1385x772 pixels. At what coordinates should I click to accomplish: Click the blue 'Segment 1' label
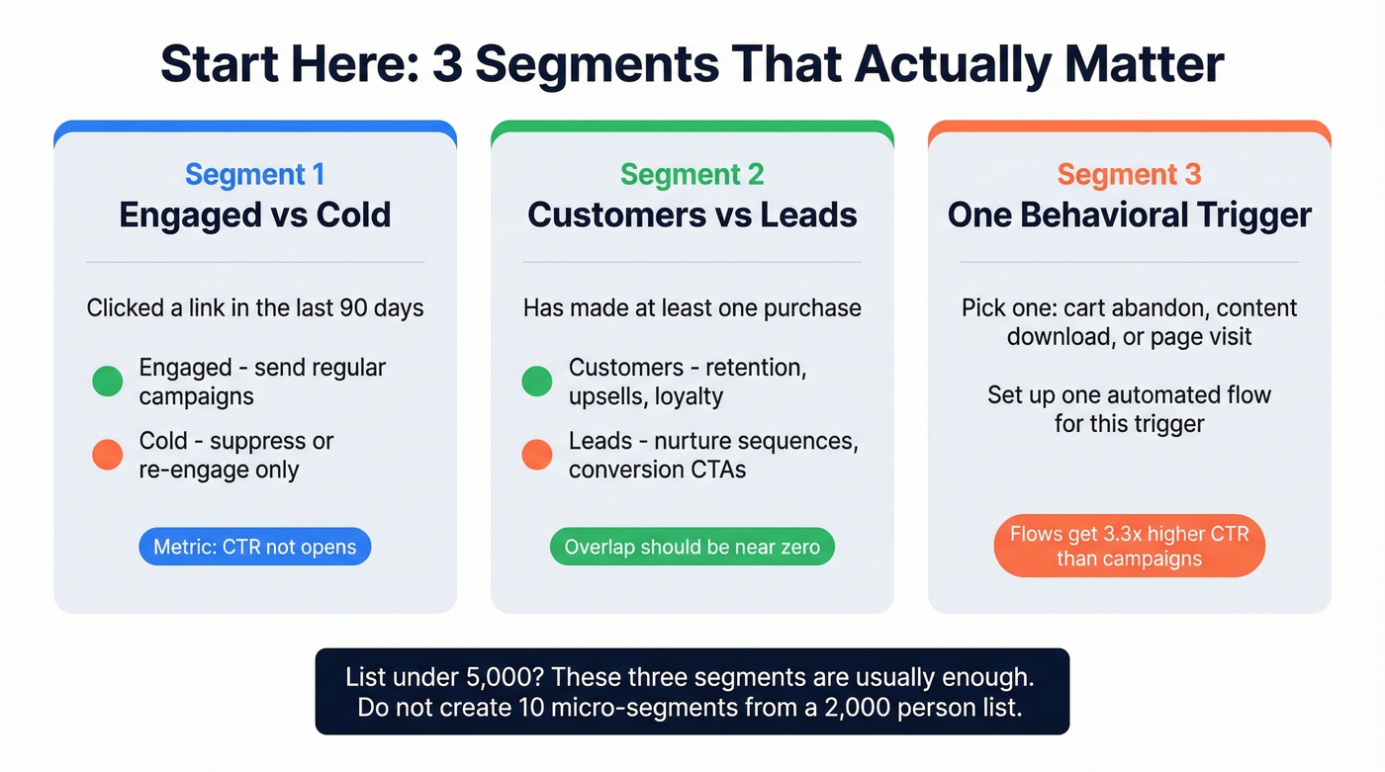tap(254, 175)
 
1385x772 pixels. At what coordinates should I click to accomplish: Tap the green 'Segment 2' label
tap(692, 175)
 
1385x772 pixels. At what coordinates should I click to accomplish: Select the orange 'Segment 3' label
tap(1129, 175)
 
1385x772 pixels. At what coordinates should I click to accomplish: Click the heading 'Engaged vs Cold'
tap(255, 215)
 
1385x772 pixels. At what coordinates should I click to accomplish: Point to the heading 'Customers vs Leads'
tap(692, 215)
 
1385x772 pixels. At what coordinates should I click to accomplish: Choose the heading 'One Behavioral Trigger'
tap(1130, 215)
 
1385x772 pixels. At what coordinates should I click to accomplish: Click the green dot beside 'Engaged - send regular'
tap(107, 382)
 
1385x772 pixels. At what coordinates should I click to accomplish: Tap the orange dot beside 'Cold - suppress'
tap(107, 455)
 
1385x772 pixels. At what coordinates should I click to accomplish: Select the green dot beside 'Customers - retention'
tap(537, 382)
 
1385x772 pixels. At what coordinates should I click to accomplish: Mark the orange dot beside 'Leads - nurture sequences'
tap(537, 455)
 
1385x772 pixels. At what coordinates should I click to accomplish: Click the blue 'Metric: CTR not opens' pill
tap(255, 547)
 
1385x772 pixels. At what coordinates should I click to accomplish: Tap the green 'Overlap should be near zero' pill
tap(692, 547)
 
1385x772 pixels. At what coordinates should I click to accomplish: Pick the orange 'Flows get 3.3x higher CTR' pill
tap(1129, 546)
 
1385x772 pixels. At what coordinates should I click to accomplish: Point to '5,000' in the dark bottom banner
tap(494, 678)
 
